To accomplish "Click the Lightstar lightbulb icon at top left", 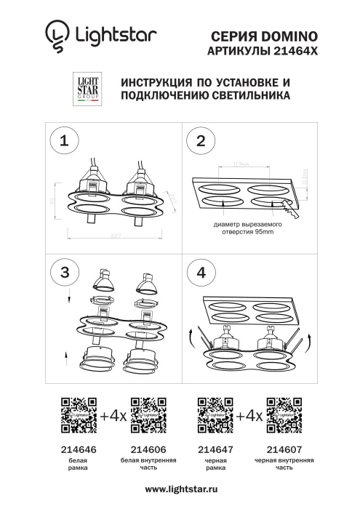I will coord(55,35).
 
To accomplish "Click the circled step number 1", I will coord(65,141).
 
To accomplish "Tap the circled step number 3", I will coord(65,272).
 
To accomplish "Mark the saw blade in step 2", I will coord(290,211).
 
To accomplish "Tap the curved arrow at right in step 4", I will coord(309,338).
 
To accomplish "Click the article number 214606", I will coord(148,449).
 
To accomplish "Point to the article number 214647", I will coord(215,449).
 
